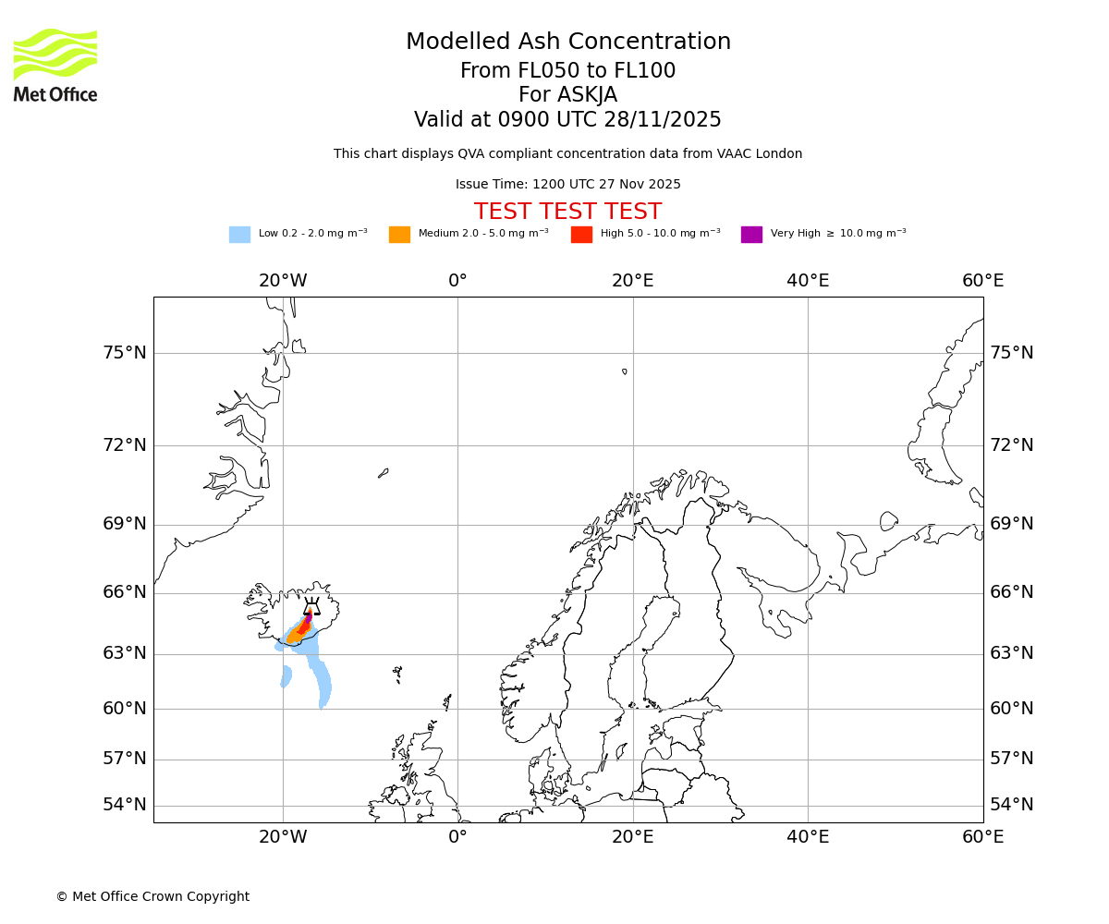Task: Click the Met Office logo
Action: click(55, 65)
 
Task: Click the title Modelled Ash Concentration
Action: click(568, 43)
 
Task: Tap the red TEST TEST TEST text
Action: click(567, 213)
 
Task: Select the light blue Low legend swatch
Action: click(239, 235)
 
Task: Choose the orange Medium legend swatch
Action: click(399, 235)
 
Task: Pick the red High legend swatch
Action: click(581, 235)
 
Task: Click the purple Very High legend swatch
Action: click(751, 235)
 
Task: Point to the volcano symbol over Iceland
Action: click(311, 607)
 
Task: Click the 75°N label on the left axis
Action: click(125, 353)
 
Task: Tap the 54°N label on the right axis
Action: click(1012, 805)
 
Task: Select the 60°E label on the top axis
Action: click(982, 281)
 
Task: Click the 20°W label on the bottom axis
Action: click(283, 837)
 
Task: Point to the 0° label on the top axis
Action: click(457, 281)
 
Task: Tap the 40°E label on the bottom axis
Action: click(808, 837)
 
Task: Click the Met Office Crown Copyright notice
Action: click(152, 897)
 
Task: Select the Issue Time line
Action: click(567, 185)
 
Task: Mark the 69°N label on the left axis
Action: click(125, 524)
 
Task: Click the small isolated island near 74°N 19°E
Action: click(625, 371)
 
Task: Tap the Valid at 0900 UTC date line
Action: click(567, 120)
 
